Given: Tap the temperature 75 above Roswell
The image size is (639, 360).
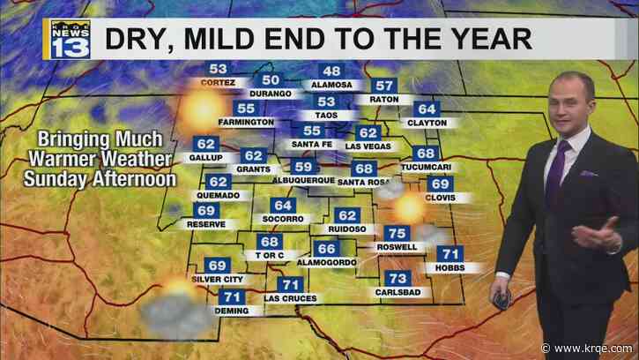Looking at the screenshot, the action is coord(396,233).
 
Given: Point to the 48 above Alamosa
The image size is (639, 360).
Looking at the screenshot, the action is coord(331,72).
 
